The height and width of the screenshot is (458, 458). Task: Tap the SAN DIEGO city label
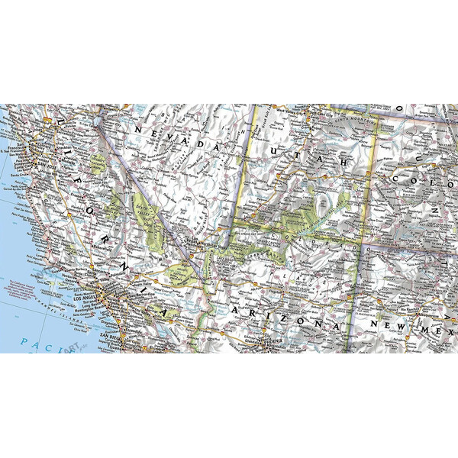click(112, 337)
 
